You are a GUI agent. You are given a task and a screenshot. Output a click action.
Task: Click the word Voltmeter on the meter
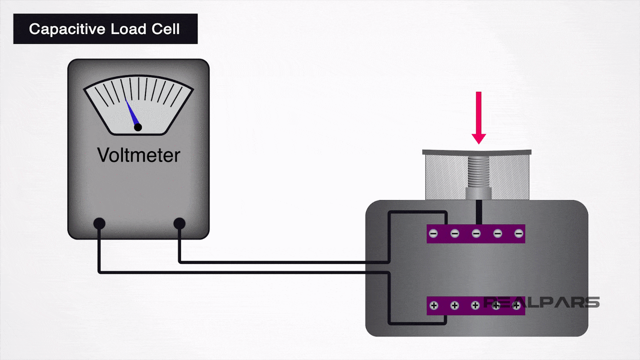[x=138, y=155]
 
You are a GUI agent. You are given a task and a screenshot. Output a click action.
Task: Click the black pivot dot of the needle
[x=138, y=127]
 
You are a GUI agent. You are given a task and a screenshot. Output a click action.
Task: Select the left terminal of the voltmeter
[x=99, y=223]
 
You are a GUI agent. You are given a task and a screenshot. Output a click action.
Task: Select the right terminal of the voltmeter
[x=179, y=223]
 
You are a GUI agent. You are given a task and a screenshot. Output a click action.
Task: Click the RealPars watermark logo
[x=541, y=302]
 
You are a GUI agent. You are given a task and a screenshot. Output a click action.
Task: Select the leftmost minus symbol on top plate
[x=434, y=234]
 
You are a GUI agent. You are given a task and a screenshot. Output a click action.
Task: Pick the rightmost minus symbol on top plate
[x=519, y=234]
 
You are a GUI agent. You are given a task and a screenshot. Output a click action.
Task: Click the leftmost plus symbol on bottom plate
[x=434, y=305]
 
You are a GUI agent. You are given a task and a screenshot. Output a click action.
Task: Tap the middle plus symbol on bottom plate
[x=475, y=305]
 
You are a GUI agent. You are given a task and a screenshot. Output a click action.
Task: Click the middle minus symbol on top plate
[x=476, y=234]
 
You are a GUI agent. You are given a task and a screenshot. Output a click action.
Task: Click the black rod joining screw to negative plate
[x=478, y=212]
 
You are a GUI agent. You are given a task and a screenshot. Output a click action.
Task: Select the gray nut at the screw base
[x=478, y=193]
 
